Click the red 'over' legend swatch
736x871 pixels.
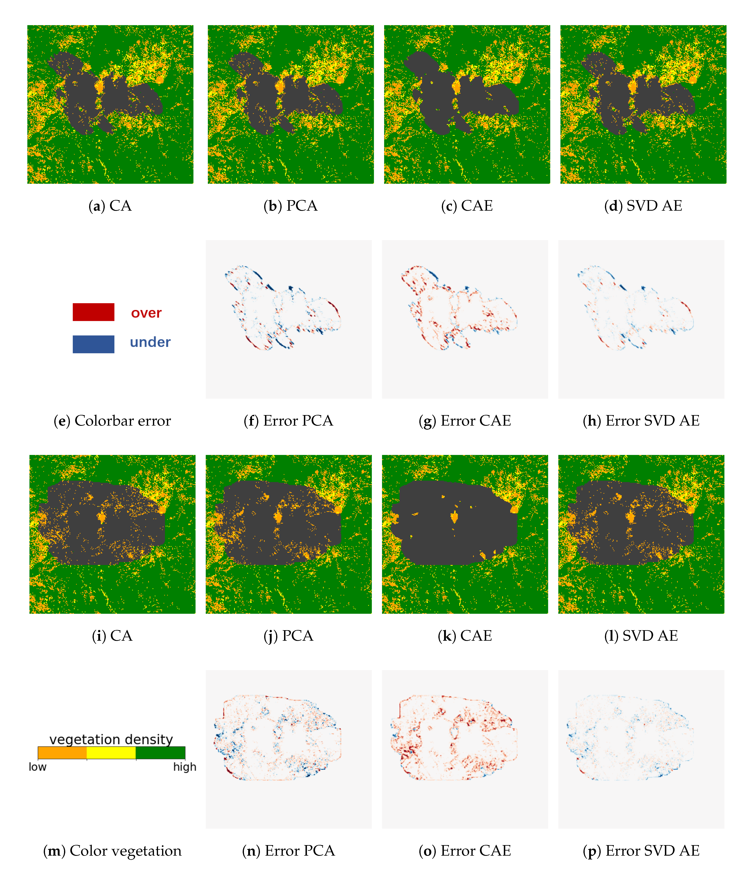[x=93, y=312]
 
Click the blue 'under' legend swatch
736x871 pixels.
[x=93, y=344]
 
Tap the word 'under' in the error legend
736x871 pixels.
[x=150, y=342]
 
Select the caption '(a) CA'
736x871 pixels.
[x=110, y=206]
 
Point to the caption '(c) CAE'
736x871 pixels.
[x=467, y=206]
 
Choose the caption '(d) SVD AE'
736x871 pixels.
[x=643, y=206]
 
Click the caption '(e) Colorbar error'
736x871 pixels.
[x=112, y=421]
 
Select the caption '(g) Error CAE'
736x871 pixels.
[x=465, y=421]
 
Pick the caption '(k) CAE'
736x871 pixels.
[x=465, y=636]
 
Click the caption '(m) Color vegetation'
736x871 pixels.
[x=112, y=851]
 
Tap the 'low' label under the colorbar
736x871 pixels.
[x=37, y=767]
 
